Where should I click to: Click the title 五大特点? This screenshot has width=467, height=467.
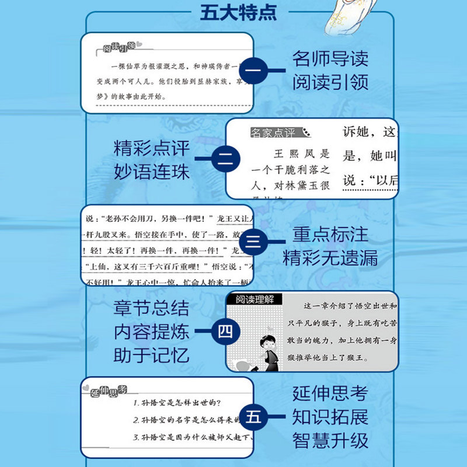click(238, 12)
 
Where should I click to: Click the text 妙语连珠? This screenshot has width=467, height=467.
click(152, 173)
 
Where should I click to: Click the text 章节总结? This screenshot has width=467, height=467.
click(152, 309)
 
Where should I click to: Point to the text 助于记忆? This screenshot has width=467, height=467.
click(152, 356)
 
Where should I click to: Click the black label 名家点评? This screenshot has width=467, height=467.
click(273, 133)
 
